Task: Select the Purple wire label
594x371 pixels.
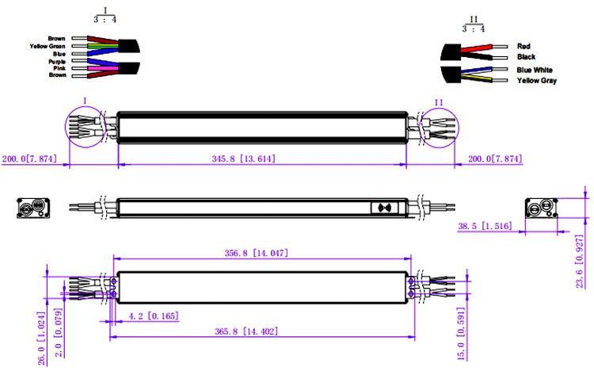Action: (x=57, y=61)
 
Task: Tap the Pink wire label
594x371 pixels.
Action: (x=59, y=68)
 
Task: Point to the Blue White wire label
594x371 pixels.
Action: (x=535, y=71)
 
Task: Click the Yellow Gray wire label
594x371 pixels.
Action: (x=537, y=81)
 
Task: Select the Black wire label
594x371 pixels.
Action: (x=526, y=57)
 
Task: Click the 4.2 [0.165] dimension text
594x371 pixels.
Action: (x=153, y=316)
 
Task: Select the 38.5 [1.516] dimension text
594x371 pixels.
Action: (x=484, y=226)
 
